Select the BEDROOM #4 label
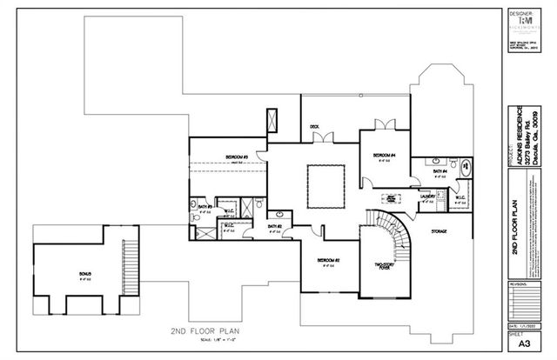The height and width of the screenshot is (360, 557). pyautogui.click(x=384, y=156)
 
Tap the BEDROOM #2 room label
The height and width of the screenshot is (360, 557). pyautogui.click(x=327, y=261)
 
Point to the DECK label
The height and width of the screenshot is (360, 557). pyautogui.click(x=314, y=128)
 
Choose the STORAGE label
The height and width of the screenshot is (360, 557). pyautogui.click(x=438, y=231)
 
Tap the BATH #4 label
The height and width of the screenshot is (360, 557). pyautogui.click(x=440, y=172)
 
